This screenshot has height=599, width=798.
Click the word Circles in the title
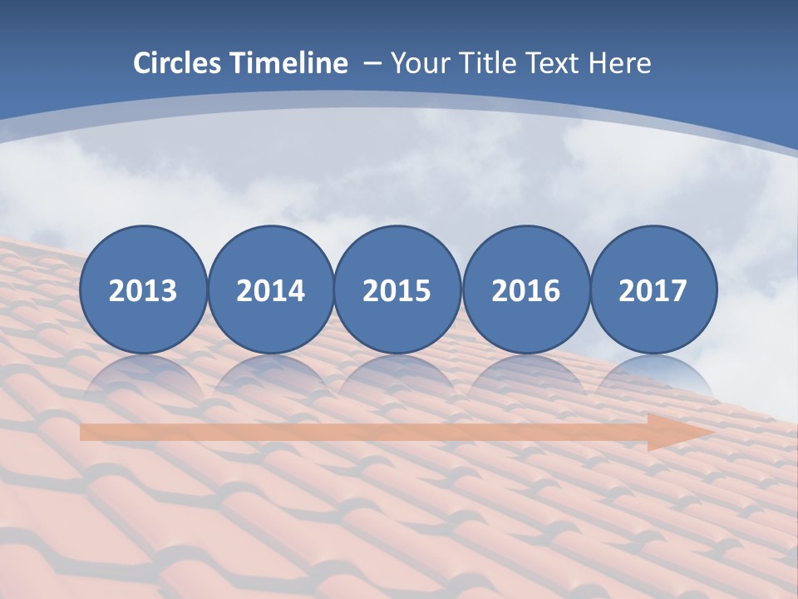178,63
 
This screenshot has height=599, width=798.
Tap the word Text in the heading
554,63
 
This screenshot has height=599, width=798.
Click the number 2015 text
397,291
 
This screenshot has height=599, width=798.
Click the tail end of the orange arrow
87,433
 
